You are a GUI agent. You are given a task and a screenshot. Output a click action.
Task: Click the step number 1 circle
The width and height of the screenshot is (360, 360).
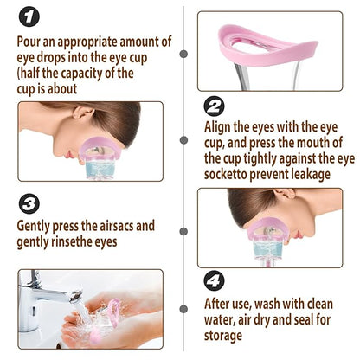[x=29, y=16]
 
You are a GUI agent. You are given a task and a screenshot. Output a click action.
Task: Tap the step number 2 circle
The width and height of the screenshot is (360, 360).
[x=213, y=106]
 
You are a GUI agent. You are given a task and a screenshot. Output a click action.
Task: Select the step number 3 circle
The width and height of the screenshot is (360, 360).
[x=29, y=203]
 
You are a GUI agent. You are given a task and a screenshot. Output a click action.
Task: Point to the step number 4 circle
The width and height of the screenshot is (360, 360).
[x=213, y=282]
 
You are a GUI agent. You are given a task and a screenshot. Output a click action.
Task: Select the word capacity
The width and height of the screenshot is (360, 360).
[x=78, y=73]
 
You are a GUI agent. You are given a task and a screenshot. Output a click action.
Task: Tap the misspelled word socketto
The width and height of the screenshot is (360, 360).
[x=230, y=174]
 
